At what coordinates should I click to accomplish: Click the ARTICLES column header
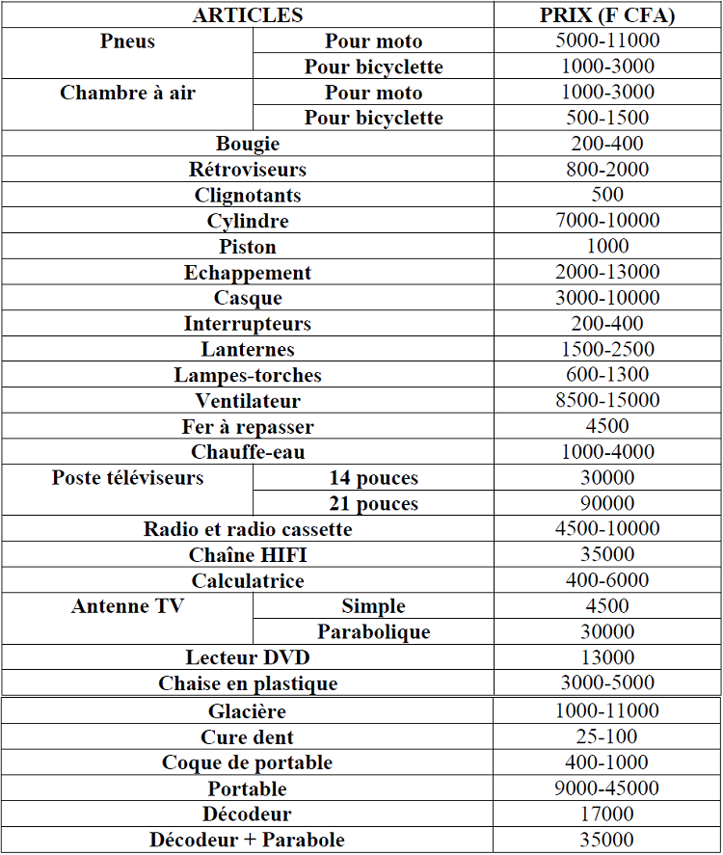tap(248, 15)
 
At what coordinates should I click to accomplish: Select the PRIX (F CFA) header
tap(607, 15)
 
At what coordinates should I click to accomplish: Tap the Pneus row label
tap(127, 41)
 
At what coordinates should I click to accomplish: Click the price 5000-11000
tap(607, 41)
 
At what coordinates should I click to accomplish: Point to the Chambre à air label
tap(127, 93)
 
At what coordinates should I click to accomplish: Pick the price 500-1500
tap(607, 119)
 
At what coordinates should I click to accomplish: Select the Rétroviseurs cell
tap(248, 170)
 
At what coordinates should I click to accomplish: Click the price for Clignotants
tap(607, 196)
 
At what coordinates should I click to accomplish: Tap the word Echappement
tap(248, 273)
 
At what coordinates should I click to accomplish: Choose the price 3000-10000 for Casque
tap(607, 298)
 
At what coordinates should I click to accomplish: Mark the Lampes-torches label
tap(248, 375)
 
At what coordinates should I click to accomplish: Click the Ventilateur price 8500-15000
tap(607, 401)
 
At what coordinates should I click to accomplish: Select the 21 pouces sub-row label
tap(373, 504)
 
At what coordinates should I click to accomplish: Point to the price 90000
tap(607, 504)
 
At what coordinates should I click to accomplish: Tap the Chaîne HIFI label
tap(248, 555)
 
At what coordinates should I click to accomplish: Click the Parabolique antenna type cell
tap(373, 632)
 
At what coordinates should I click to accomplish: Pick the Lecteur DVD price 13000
tap(607, 657)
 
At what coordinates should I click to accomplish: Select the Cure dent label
tap(248, 737)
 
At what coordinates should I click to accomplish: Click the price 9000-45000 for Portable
tap(607, 788)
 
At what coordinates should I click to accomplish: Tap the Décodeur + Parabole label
tap(248, 840)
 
